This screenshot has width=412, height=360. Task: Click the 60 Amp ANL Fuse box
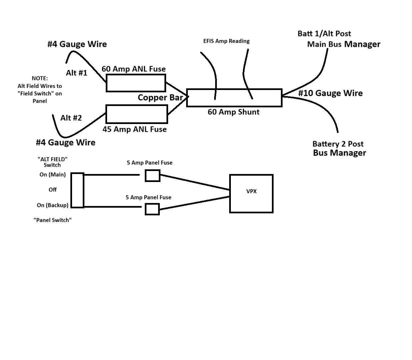[136, 83]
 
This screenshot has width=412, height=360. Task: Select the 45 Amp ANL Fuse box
[136, 114]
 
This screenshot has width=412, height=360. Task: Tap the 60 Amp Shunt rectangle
[234, 98]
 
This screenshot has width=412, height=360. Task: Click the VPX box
[251, 193]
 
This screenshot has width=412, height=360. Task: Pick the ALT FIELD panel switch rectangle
[77, 190]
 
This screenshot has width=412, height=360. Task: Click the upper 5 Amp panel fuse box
[152, 175]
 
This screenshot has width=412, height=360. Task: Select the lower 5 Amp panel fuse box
[152, 209]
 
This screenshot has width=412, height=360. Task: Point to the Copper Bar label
[160, 97]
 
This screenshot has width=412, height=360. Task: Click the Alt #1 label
[76, 73]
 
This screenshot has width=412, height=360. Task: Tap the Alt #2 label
[71, 118]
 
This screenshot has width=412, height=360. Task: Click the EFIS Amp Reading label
[226, 41]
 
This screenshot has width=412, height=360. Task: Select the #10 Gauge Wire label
[330, 93]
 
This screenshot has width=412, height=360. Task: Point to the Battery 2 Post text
[338, 144]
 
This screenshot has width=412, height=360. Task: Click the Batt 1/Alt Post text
[324, 34]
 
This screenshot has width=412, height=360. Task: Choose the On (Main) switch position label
[52, 175]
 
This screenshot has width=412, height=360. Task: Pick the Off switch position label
[52, 190]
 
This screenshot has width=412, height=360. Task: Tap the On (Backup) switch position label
[52, 205]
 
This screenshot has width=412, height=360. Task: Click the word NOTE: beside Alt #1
[40, 78]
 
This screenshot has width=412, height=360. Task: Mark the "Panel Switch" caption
[52, 220]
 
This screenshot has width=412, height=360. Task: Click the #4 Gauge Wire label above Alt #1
[77, 44]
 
